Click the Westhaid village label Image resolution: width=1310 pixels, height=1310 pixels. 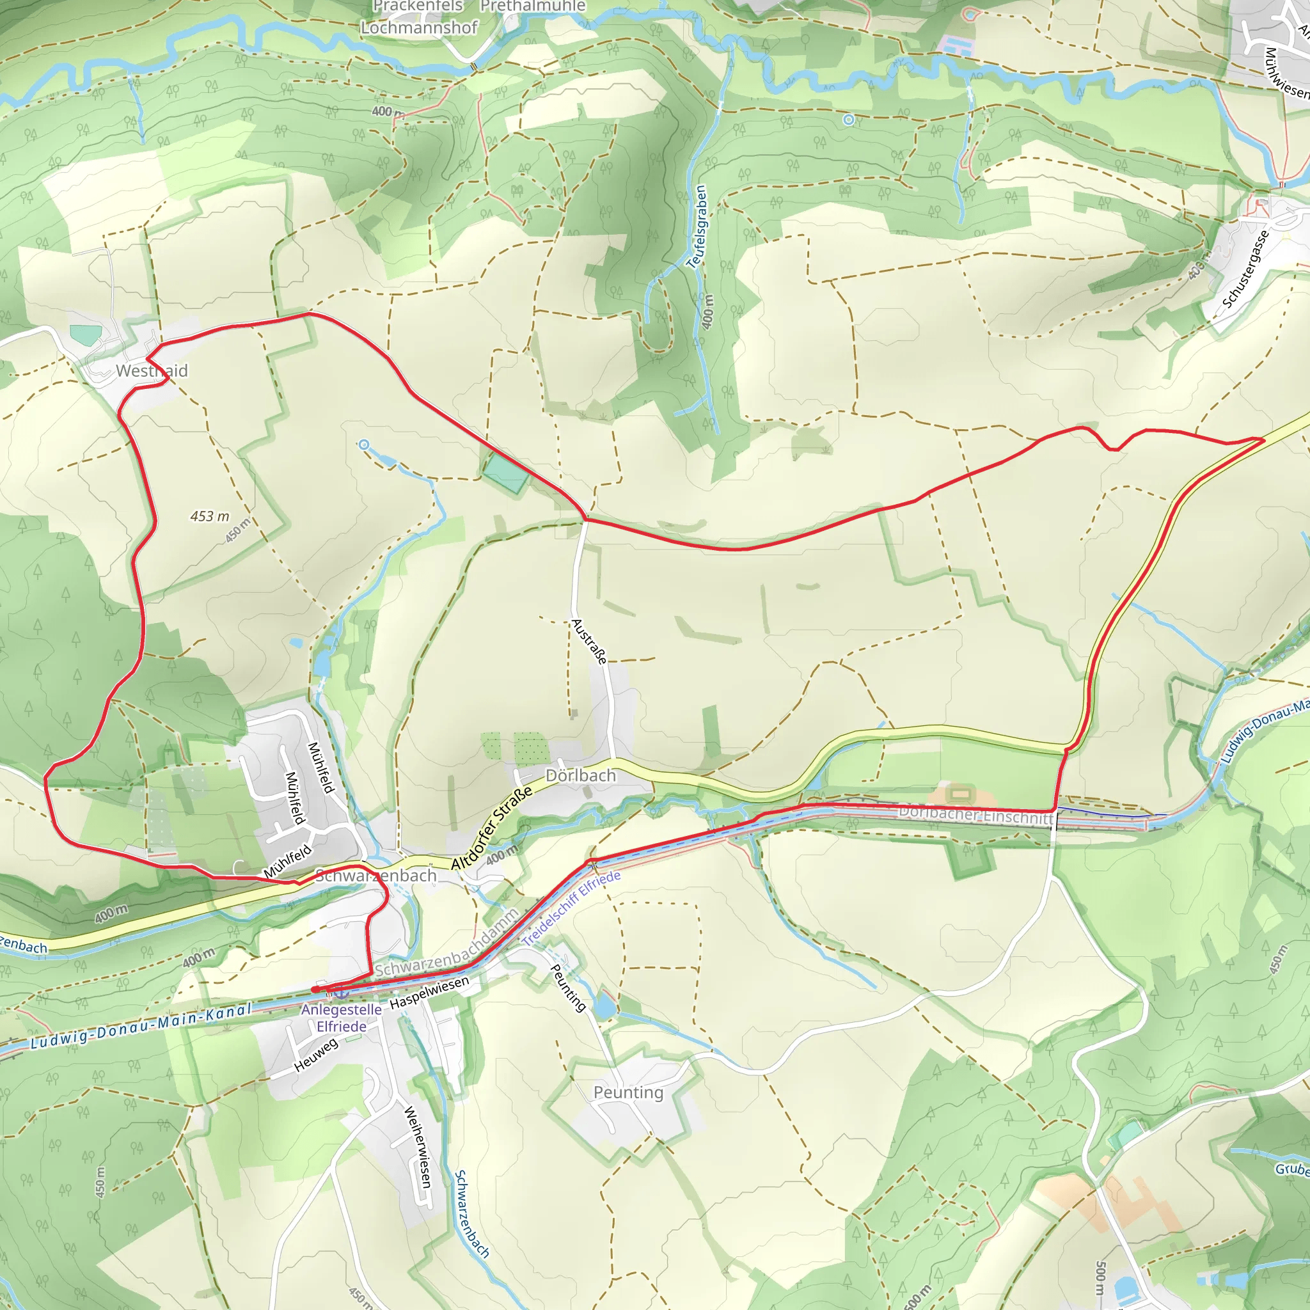(151, 371)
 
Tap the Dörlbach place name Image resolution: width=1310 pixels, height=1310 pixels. (580, 775)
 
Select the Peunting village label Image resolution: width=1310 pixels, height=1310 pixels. (628, 1093)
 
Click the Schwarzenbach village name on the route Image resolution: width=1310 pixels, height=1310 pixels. (376, 876)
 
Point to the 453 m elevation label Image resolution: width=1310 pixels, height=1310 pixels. (210, 517)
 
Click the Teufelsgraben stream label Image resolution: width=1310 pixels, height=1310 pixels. (697, 226)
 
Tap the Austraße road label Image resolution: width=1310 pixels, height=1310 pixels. (588, 641)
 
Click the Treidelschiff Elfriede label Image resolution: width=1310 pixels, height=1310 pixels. (571, 908)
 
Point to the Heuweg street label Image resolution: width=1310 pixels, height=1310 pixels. (315, 1055)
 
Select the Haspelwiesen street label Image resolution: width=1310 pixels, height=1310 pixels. (429, 992)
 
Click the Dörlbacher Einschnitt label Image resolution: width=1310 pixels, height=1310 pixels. (975, 815)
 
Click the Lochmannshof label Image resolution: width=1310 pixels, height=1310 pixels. (419, 28)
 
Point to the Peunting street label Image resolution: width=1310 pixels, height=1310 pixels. (567, 988)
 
